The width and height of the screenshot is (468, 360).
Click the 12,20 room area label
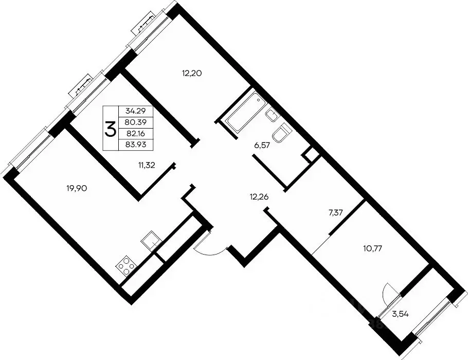pyautogui.click(x=192, y=73)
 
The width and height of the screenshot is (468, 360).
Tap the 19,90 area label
pyautogui.click(x=77, y=188)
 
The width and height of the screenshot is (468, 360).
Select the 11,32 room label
pyautogui.click(x=147, y=165)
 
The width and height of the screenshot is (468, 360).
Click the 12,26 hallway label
pyautogui.click(x=259, y=197)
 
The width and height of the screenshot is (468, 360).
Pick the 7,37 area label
pyautogui.click(x=335, y=213)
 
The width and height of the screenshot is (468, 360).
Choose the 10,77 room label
pyautogui.click(x=373, y=248)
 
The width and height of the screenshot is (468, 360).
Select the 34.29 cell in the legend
pyautogui.click(x=135, y=112)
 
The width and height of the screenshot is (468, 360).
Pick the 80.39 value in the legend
pyautogui.click(x=135, y=122)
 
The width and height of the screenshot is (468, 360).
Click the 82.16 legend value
pyautogui.click(x=135, y=133)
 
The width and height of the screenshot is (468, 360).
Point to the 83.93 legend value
pyautogui.click(x=135, y=145)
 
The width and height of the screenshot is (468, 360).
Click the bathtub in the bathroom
pyautogui.click(x=246, y=112)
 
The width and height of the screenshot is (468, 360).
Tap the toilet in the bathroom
pyautogui.click(x=281, y=134)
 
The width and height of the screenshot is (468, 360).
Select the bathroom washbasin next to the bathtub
pyautogui.click(x=272, y=115)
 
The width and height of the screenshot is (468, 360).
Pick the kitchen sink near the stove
pyautogui.click(x=152, y=241)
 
